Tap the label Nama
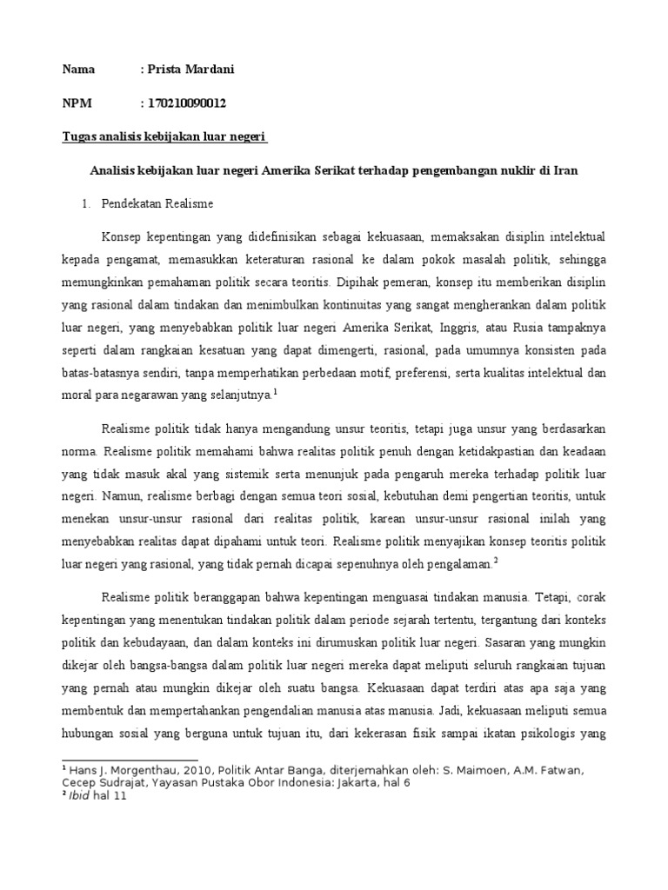78,70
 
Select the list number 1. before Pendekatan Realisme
86,204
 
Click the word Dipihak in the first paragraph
352,283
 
